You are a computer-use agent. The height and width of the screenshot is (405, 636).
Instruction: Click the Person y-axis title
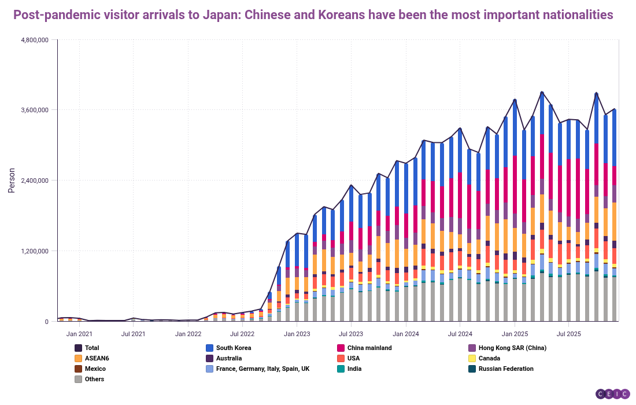click(12, 181)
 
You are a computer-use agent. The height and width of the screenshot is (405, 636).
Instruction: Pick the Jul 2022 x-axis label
click(242, 334)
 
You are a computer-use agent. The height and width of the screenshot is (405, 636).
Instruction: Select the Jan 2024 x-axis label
click(405, 334)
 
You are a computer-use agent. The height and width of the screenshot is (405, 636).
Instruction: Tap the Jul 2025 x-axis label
click(568, 334)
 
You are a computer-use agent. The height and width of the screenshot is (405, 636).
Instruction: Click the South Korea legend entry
click(234, 348)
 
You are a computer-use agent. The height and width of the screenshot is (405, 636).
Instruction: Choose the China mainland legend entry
click(369, 348)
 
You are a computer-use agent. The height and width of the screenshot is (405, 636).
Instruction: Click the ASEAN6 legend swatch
click(78, 358)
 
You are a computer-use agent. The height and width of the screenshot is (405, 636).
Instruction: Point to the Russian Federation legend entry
click(505, 369)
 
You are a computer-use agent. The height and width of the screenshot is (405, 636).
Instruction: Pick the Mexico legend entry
click(95, 369)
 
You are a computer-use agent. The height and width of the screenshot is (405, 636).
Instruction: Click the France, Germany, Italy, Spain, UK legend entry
click(262, 369)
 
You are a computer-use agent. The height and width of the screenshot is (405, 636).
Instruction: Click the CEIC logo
click(612, 393)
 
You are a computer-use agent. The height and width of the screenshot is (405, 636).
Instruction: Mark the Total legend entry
click(91, 348)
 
